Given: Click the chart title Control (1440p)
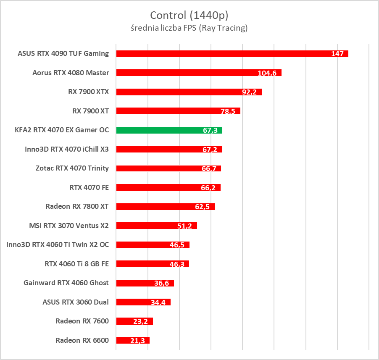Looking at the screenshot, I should pos(189,16).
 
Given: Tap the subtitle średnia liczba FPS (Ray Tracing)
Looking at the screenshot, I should pos(189,29).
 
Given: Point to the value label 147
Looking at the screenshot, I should pos(337,54).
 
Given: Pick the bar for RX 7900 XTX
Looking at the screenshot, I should pos(189,92).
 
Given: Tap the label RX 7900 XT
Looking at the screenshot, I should pos(90,111).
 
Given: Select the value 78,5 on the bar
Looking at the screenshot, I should pos(229,111).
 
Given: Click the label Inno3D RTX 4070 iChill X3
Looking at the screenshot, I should pos(67,149).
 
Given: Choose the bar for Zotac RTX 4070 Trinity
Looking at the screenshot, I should pos(168,168).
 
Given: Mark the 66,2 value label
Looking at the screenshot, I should pos(208,188).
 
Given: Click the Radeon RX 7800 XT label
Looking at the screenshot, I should pos(77,206).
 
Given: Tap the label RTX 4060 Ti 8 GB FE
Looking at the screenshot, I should pos(76,264).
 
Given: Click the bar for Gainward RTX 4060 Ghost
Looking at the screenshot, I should pos(145,283).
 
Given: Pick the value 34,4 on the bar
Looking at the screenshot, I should pos(158,302).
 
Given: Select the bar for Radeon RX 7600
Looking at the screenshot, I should pos(134,321).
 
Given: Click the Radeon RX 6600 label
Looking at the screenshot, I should pos(82,340).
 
